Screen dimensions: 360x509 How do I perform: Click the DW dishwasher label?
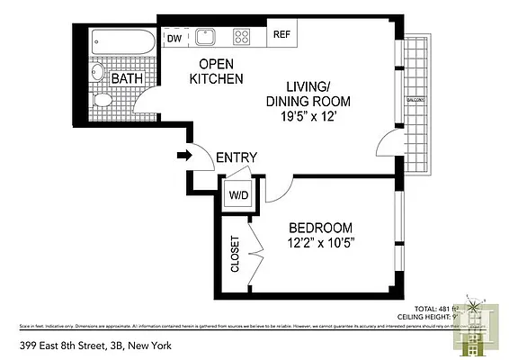[174, 38]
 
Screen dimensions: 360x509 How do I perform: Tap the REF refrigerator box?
[281, 35]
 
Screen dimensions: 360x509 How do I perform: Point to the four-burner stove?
[242, 37]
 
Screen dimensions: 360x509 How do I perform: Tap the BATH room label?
[127, 79]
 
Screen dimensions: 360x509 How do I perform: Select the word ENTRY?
[237, 157]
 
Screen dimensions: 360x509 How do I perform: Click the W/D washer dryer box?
[238, 194]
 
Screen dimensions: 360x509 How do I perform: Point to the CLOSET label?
[236, 255]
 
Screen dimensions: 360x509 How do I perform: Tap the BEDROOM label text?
[319, 228]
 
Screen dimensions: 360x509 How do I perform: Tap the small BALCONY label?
[415, 101]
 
